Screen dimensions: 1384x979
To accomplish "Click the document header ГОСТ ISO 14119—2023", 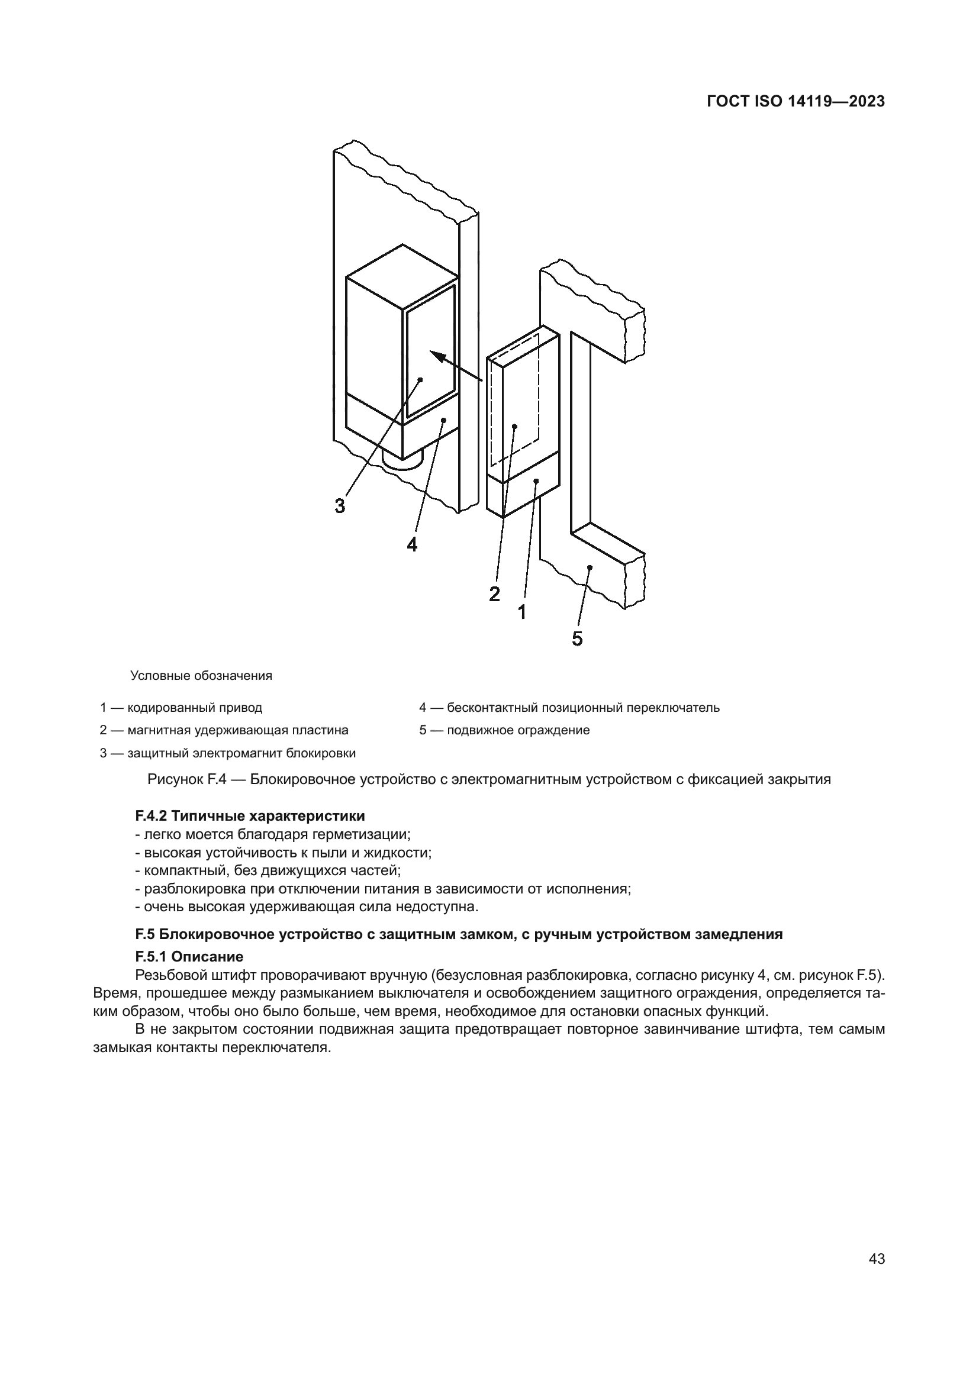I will coord(795,102).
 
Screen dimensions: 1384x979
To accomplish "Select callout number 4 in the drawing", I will coord(412,545).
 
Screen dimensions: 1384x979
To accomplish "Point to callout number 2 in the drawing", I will coord(494,594).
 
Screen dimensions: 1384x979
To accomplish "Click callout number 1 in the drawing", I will coord(522,612).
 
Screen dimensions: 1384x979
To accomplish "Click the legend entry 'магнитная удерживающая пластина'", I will coord(238,731).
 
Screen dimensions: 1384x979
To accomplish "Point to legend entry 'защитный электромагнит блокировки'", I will coord(241,753).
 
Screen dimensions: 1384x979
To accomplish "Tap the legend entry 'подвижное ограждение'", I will coord(519,731).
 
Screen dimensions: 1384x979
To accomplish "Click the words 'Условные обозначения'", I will coord(201,676).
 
